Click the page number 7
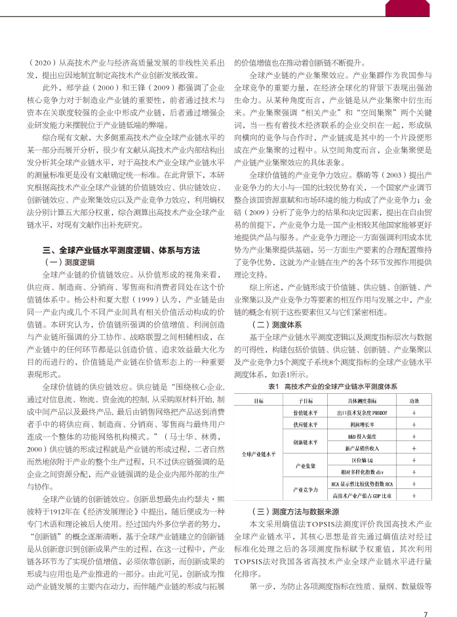[426, 596]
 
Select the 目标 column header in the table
[258, 400]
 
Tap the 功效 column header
[414, 400]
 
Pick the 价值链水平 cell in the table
[306, 413]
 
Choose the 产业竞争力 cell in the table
[306, 490]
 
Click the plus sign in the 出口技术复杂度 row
[414, 413]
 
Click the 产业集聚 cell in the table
[306, 466]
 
